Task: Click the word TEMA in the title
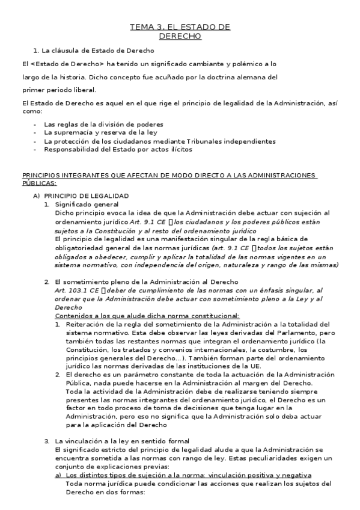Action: point(141,27)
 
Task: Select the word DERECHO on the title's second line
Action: point(180,37)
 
